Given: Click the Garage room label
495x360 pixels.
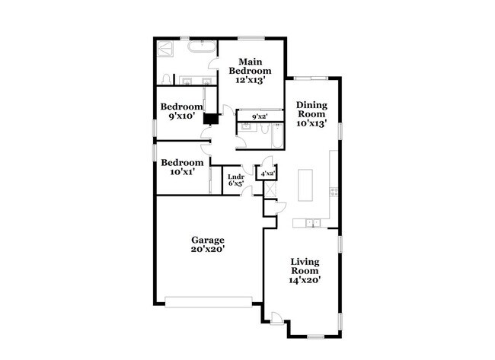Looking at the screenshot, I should pyautogui.click(x=207, y=240).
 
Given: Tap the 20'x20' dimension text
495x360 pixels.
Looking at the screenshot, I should pyautogui.click(x=207, y=249).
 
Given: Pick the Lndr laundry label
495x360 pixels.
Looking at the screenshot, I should pyautogui.click(x=236, y=177).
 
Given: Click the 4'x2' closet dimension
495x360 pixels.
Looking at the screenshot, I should pyautogui.click(x=268, y=174).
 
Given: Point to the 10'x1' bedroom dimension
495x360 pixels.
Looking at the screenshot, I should pyautogui.click(x=182, y=172).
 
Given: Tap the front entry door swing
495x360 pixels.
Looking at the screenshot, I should pyautogui.click(x=276, y=318).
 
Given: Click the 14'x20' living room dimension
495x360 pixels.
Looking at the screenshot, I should pyautogui.click(x=305, y=279).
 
